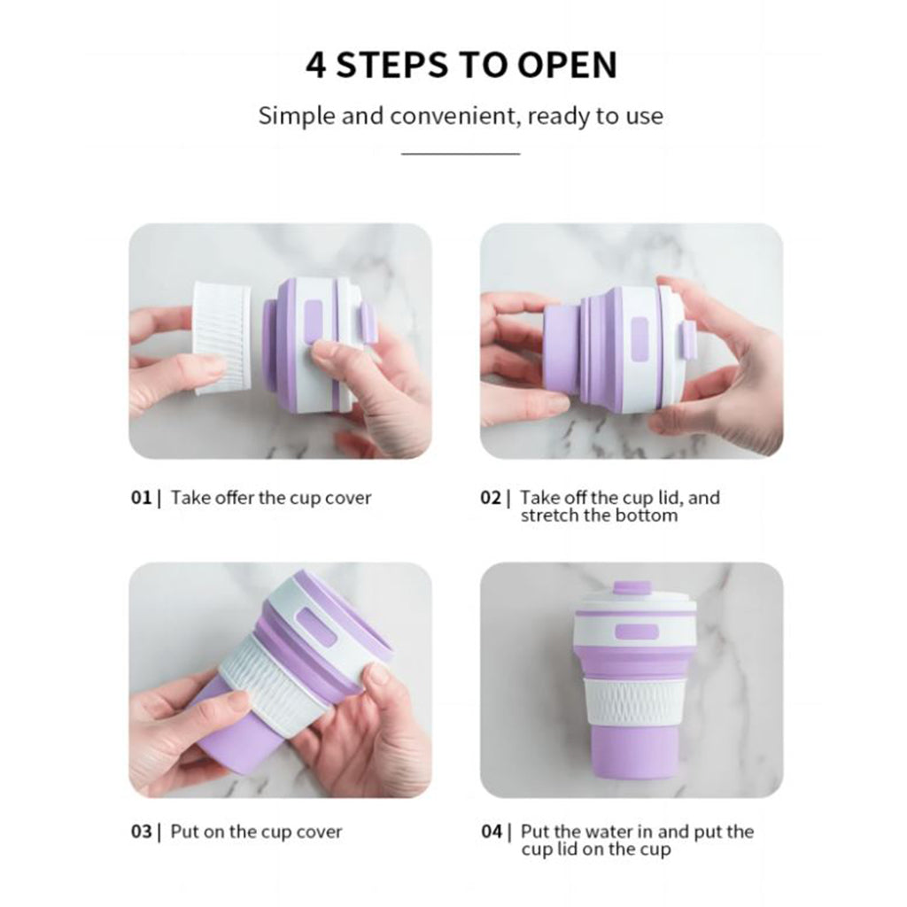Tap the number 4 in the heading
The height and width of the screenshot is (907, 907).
pyautogui.click(x=316, y=65)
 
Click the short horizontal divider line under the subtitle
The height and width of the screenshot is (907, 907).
pyautogui.click(x=461, y=154)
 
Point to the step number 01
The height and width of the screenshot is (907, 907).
pyautogui.click(x=141, y=498)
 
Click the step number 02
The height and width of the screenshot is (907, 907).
pyautogui.click(x=491, y=498)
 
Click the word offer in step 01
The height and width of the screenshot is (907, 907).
pyautogui.click(x=234, y=498)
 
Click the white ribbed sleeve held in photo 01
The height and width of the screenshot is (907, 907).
pyautogui.click(x=222, y=337)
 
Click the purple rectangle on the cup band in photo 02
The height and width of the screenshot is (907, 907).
pyautogui.click(x=640, y=339)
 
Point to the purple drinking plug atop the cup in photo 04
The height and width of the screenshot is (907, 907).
pyautogui.click(x=631, y=589)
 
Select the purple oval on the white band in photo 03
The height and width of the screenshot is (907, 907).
pyautogui.click(x=316, y=628)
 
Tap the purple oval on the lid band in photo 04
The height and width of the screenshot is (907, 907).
pyautogui.click(x=636, y=632)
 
